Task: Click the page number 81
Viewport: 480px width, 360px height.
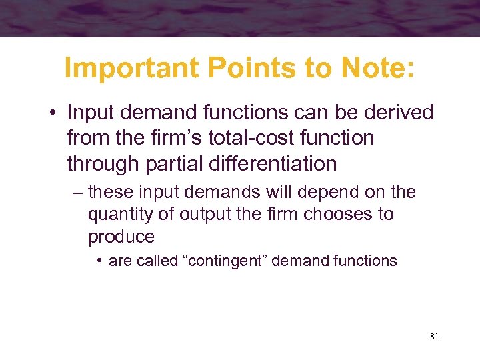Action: (434, 337)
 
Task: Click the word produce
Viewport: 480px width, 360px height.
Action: (121, 237)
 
